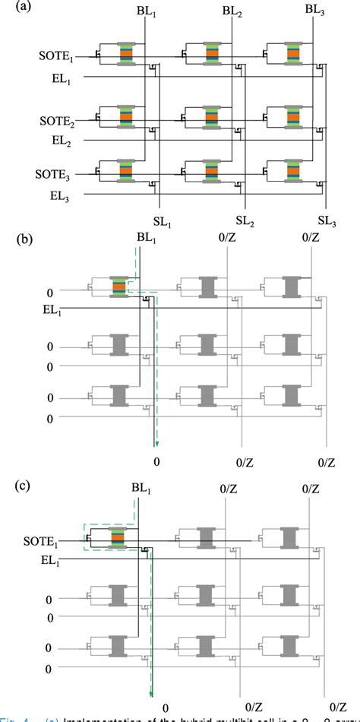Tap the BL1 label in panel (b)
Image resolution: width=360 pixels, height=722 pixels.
(147, 238)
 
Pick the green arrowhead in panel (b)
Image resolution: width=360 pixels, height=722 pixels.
(156, 443)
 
